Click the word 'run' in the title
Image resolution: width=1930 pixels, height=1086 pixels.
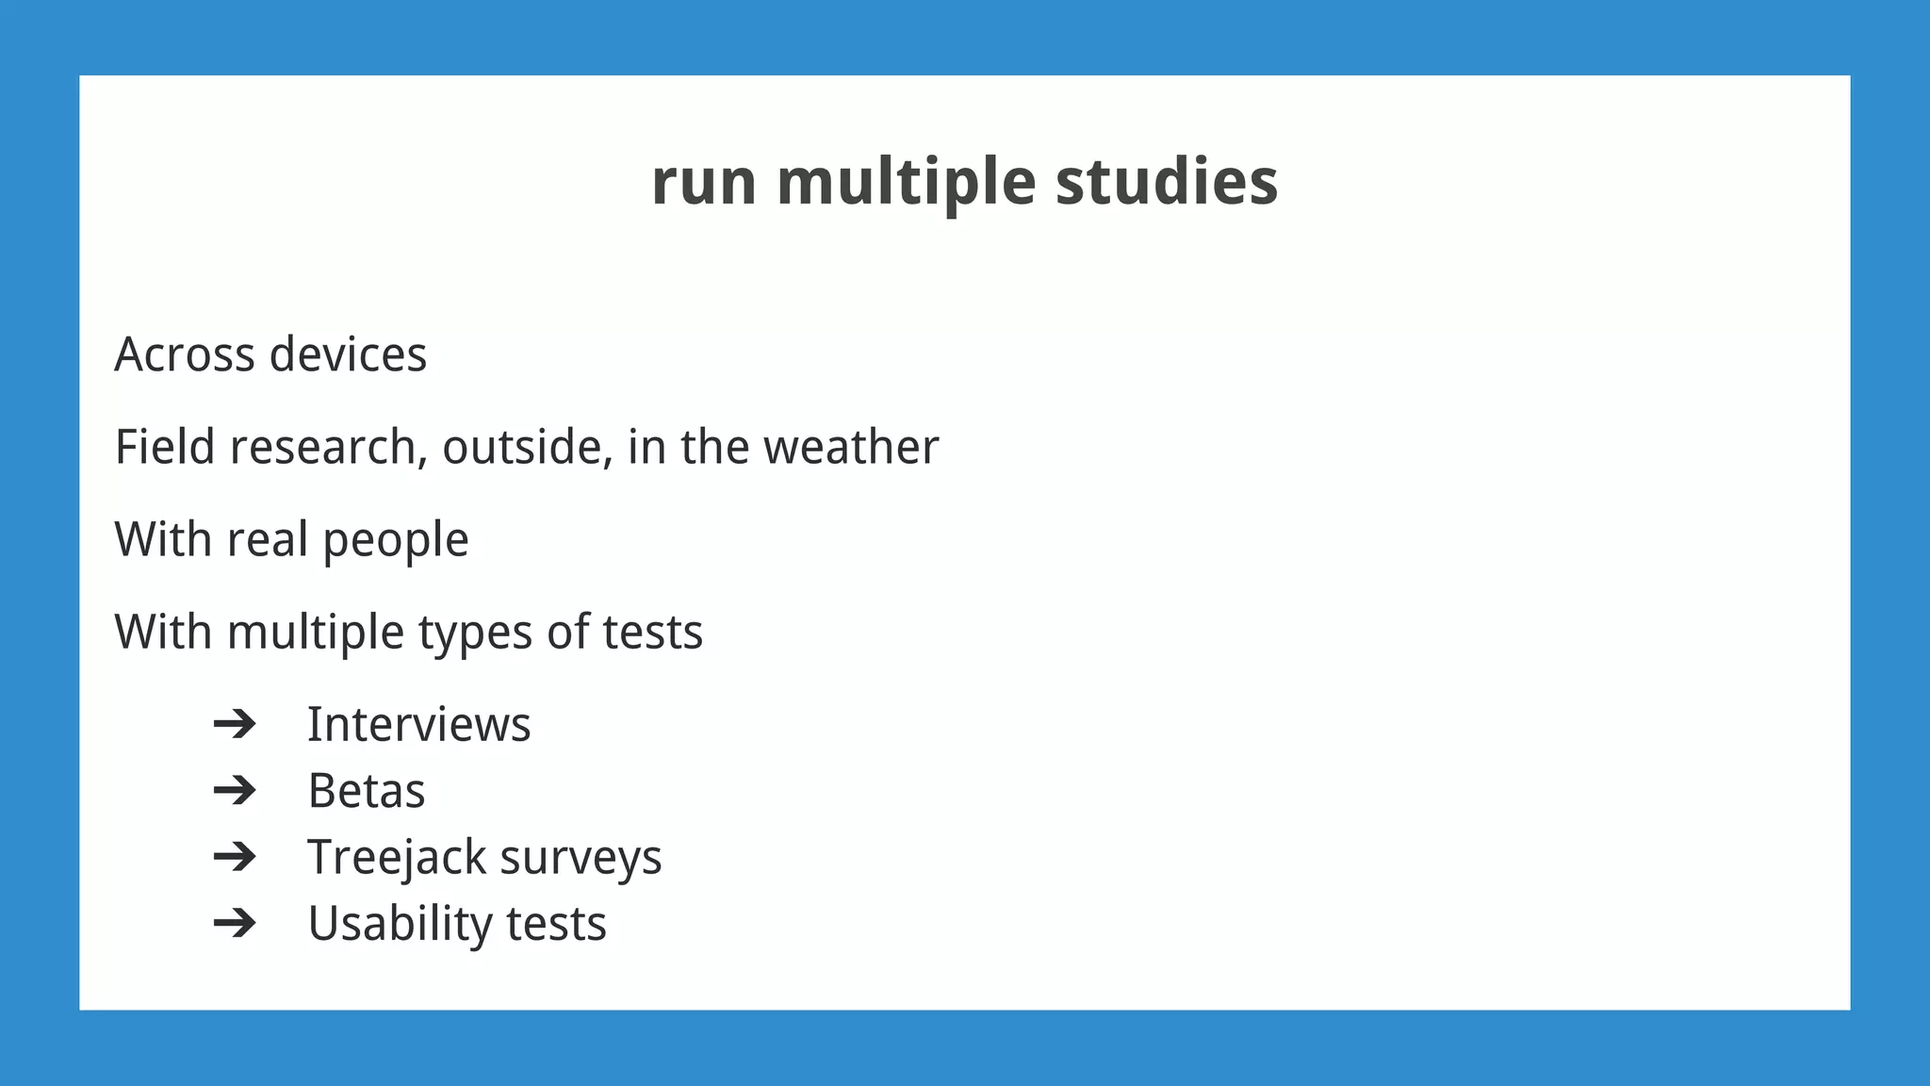point(703,182)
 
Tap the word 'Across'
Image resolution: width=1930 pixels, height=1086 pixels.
point(185,355)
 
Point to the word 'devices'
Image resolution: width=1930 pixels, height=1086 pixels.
point(348,355)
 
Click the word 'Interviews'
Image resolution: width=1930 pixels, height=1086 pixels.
point(418,725)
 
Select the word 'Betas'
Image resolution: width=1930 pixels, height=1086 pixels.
point(366,791)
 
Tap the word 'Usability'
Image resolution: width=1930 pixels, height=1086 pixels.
point(400,924)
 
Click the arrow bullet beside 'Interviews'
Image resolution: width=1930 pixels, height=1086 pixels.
point(235,724)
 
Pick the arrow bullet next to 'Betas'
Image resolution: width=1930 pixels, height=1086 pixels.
point(235,790)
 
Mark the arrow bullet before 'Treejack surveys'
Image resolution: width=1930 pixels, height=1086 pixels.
point(235,856)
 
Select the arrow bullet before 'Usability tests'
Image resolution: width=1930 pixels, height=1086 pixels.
point(235,922)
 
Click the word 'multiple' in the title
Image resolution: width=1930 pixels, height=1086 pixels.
point(906,182)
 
